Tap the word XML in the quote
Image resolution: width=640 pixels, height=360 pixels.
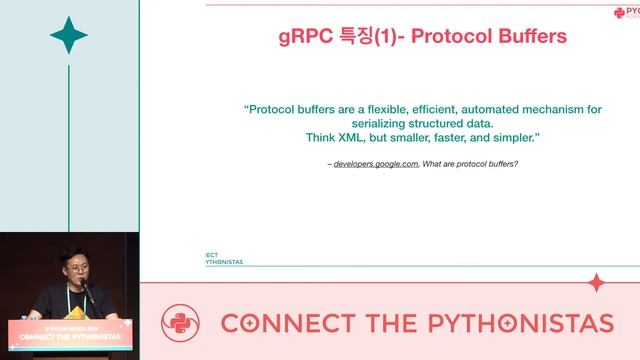(339, 137)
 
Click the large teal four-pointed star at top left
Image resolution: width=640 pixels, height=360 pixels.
(69, 35)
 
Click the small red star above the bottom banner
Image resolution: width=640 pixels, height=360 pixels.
(596, 282)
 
